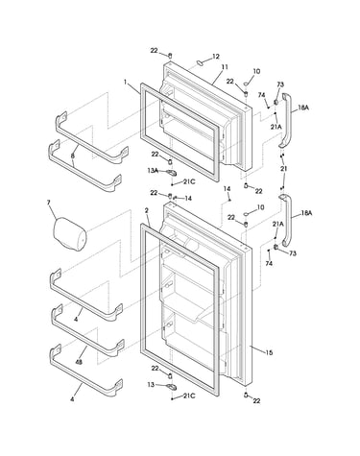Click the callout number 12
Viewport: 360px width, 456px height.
[x=216, y=57]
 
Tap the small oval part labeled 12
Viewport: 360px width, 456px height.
[x=200, y=62]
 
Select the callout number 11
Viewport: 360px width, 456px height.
[x=225, y=67]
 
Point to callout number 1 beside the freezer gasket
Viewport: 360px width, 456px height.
[x=126, y=82]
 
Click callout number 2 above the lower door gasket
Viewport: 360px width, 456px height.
[x=146, y=210]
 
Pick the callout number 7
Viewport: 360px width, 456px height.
[x=49, y=203]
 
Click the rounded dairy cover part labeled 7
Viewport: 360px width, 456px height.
[x=70, y=234]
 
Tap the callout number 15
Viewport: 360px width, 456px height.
[x=269, y=352]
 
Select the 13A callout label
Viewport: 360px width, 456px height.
[x=153, y=171]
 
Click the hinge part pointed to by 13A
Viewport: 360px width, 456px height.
[x=171, y=173]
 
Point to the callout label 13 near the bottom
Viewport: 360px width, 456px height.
[x=151, y=384]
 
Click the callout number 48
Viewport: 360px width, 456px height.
[x=78, y=362]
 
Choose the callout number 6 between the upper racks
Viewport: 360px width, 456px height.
[x=73, y=156]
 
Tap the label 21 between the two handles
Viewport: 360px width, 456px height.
[x=283, y=169]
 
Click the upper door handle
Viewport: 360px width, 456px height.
[x=286, y=121]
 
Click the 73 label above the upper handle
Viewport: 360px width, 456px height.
[x=280, y=84]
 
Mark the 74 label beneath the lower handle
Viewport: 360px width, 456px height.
[x=269, y=263]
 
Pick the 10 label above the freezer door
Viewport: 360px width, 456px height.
[x=256, y=71]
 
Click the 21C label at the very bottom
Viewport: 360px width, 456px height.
[x=189, y=396]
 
